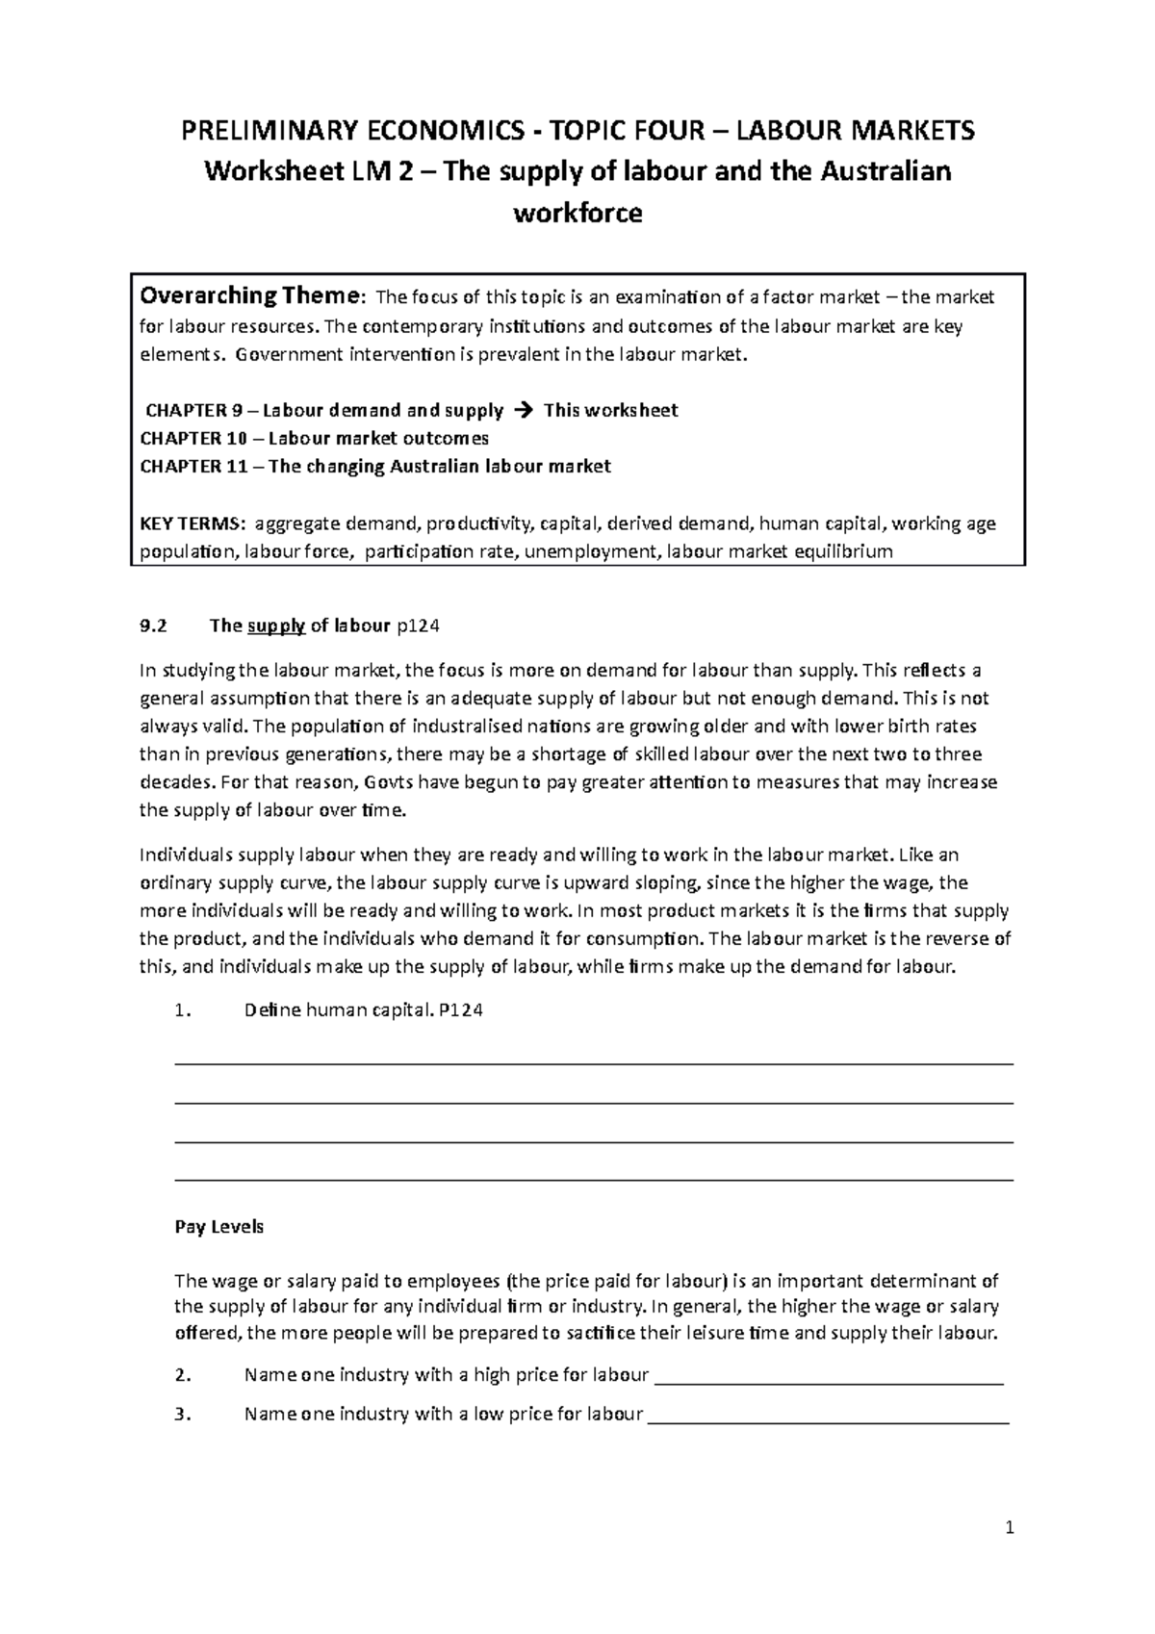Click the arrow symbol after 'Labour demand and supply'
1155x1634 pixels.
click(523, 410)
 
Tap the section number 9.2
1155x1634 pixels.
click(153, 626)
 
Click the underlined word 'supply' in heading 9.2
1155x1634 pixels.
click(276, 626)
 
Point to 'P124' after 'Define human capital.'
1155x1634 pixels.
click(460, 1010)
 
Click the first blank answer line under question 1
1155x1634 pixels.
click(593, 1063)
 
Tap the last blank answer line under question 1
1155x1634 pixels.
click(593, 1179)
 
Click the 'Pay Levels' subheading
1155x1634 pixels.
click(218, 1227)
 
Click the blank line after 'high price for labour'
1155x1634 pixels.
click(829, 1381)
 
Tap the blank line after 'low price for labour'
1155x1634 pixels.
click(829, 1420)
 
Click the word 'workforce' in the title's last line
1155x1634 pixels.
click(577, 213)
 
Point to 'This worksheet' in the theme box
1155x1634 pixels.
click(610, 410)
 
